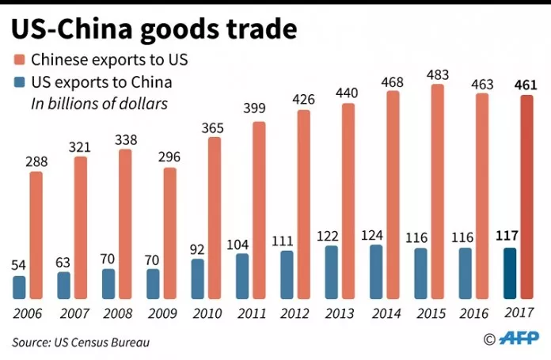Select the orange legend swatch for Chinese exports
pos(18,59)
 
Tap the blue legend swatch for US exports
pos(18,81)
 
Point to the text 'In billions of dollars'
pos(98,103)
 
